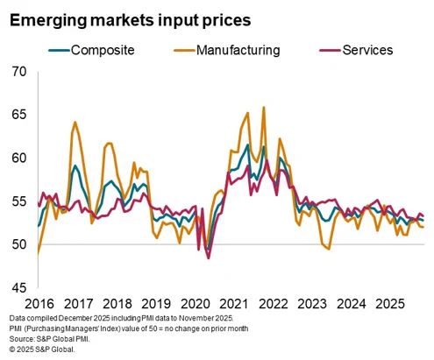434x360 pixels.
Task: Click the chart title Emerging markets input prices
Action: tap(131, 21)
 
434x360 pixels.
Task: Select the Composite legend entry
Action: tap(91, 50)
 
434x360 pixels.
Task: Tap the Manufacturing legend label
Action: tap(227, 50)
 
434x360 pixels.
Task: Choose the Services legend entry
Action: tap(356, 50)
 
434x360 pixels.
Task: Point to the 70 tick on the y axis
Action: tap(19, 72)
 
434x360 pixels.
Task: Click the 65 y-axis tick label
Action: tap(19, 115)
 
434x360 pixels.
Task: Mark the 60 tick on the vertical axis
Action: tap(19, 158)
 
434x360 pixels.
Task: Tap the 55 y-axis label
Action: tap(19, 201)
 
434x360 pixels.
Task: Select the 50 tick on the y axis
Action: tap(19, 244)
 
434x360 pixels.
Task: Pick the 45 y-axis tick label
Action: tap(19, 288)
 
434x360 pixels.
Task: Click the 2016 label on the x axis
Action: tap(39, 304)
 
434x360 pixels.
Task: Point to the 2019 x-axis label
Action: tap(156, 304)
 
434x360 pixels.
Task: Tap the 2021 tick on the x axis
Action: tap(234, 304)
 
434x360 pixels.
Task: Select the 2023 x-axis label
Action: tap(312, 304)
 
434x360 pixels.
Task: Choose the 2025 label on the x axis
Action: tap(390, 304)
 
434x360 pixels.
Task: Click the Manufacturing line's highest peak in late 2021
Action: tap(264, 107)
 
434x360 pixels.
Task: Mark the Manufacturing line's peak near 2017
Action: tap(75, 122)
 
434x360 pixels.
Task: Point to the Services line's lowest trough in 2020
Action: tap(209, 258)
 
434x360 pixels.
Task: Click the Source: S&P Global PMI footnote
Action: tap(49, 339)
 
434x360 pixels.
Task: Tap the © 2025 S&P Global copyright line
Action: tap(42, 349)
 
